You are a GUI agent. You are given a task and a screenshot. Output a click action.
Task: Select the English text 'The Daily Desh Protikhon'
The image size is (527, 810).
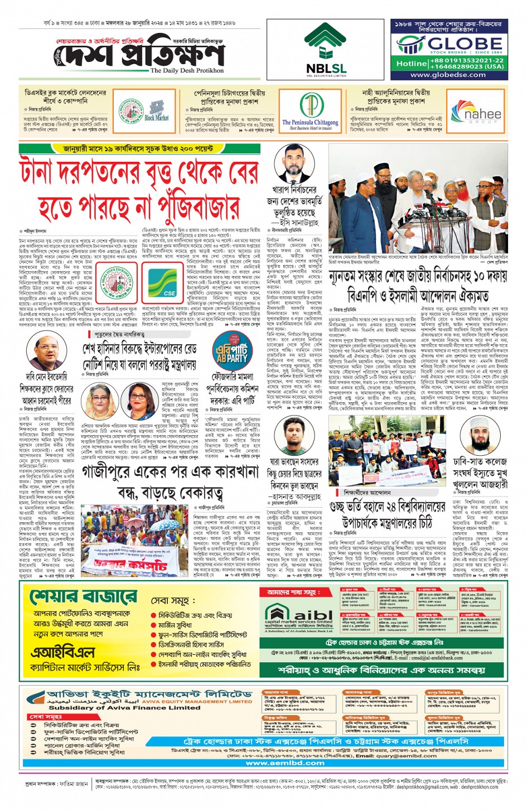187,71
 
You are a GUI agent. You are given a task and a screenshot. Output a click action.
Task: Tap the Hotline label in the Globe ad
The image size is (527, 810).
411,64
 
